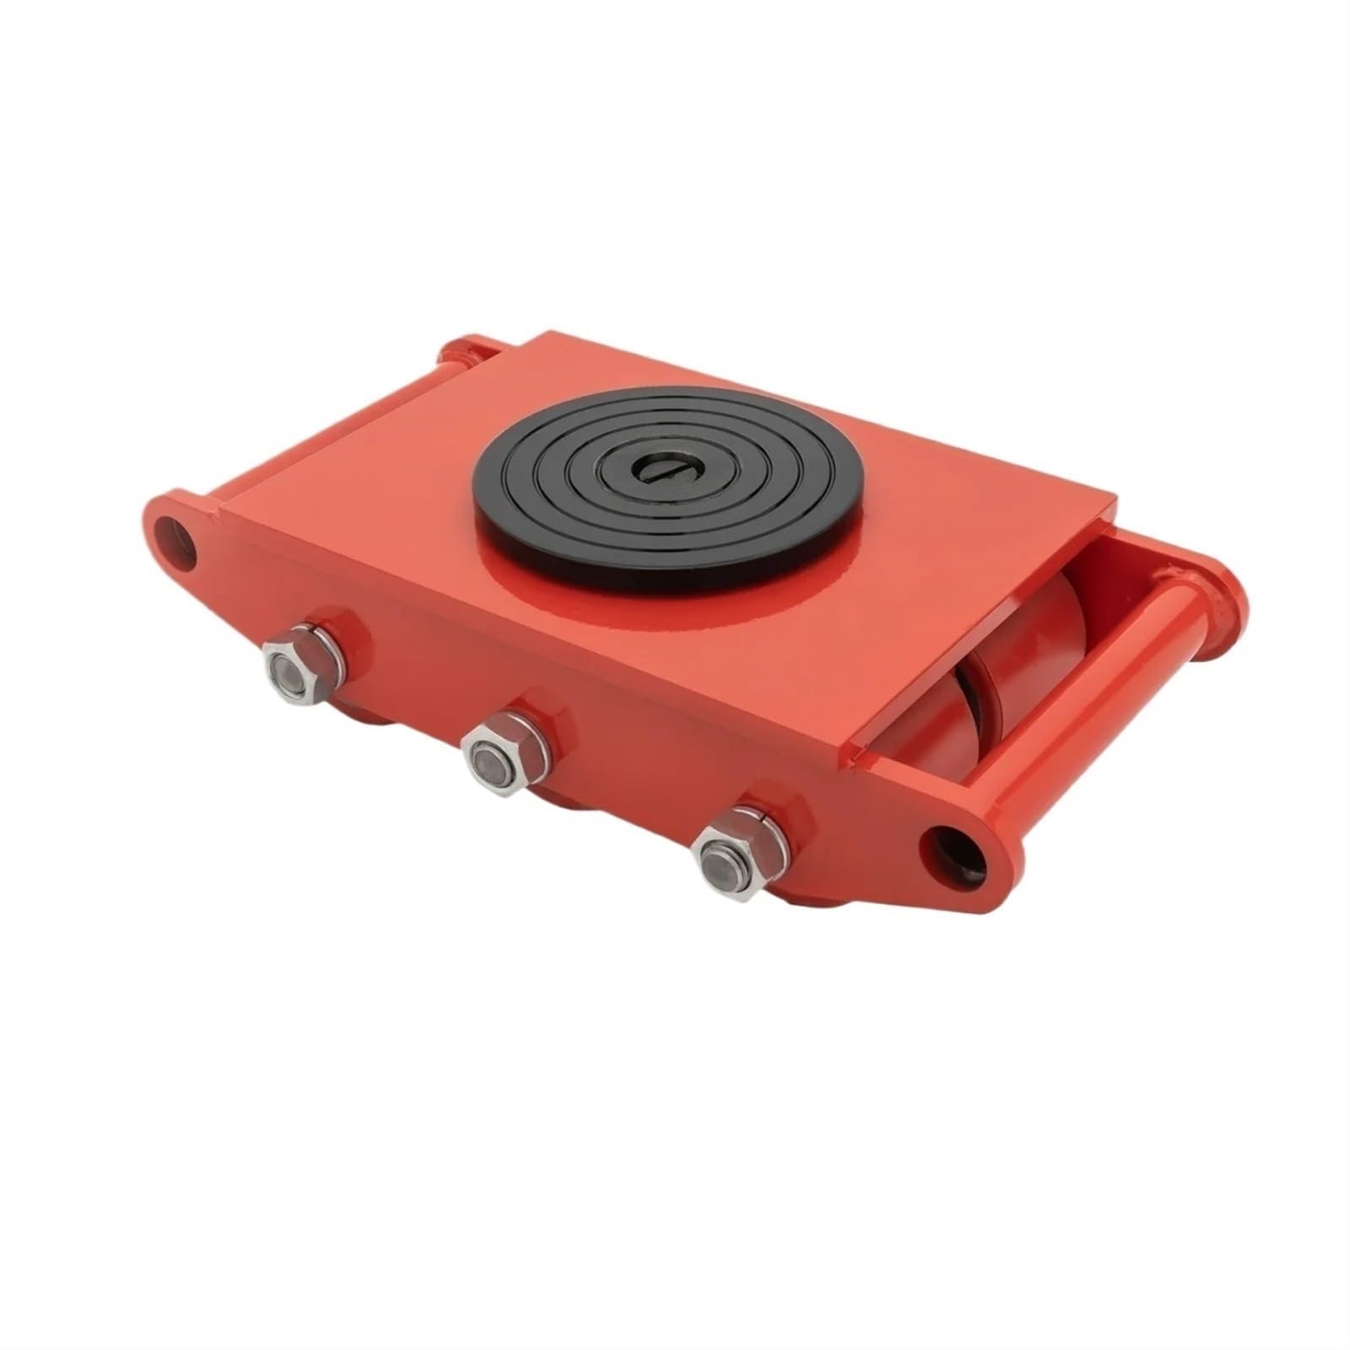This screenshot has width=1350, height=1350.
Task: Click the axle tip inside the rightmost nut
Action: pos(723,865)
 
